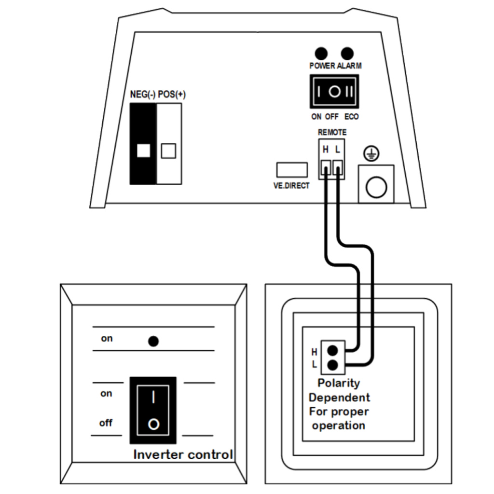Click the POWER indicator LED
[320, 53]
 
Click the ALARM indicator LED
[346, 53]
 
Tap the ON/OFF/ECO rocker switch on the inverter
[335, 92]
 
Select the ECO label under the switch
[352, 117]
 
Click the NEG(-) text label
[142, 95]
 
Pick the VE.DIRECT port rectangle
[292, 170]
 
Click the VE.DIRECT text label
[288, 186]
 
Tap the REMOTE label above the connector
[332, 132]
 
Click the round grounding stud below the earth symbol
[376, 187]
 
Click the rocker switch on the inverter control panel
[153, 411]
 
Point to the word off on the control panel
[106, 423]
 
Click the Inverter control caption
[183, 454]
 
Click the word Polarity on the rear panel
[339, 383]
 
